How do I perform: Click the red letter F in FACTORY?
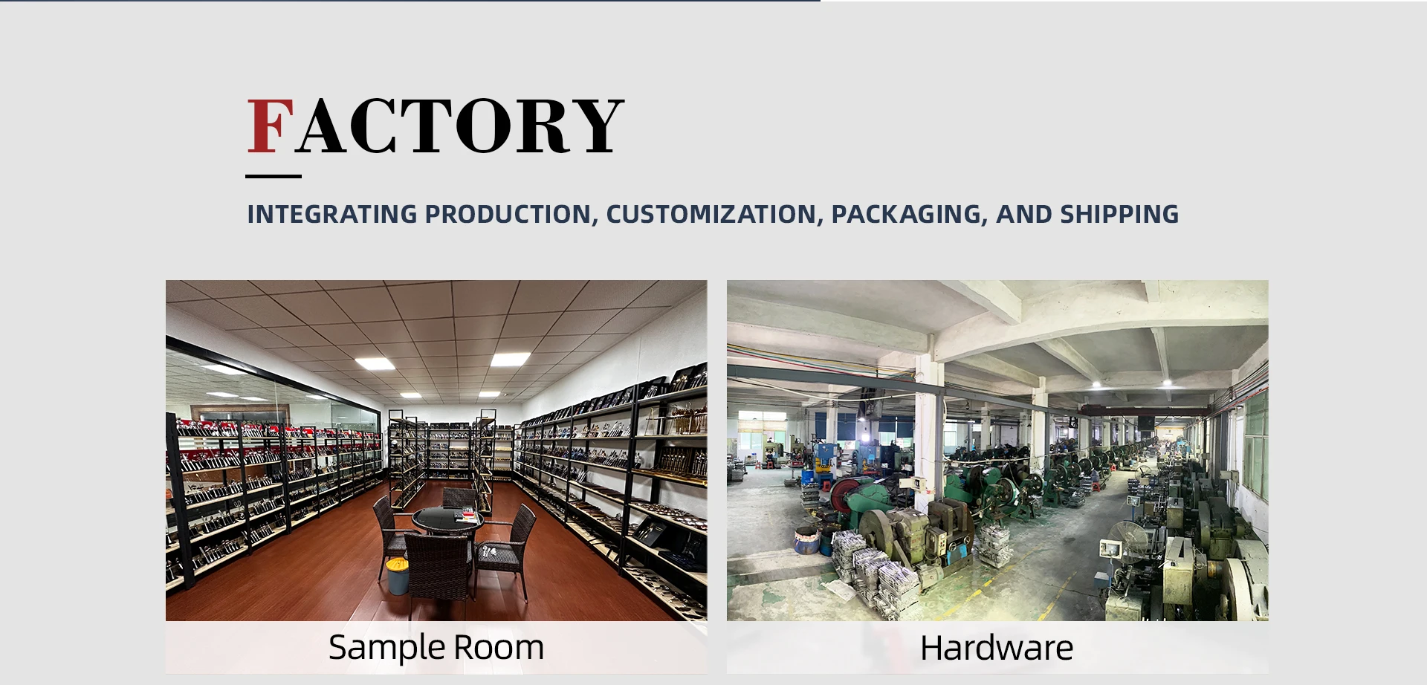[x=271, y=126]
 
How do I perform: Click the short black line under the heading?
[x=274, y=176]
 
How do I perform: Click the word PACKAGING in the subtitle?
[x=910, y=214]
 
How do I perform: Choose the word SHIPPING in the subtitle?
[x=1119, y=214]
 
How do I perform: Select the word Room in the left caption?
[x=499, y=647]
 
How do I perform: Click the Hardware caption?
[x=997, y=648]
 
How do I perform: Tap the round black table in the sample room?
[x=447, y=519]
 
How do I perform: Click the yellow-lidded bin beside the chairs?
[x=398, y=576]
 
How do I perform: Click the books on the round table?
[x=467, y=513]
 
